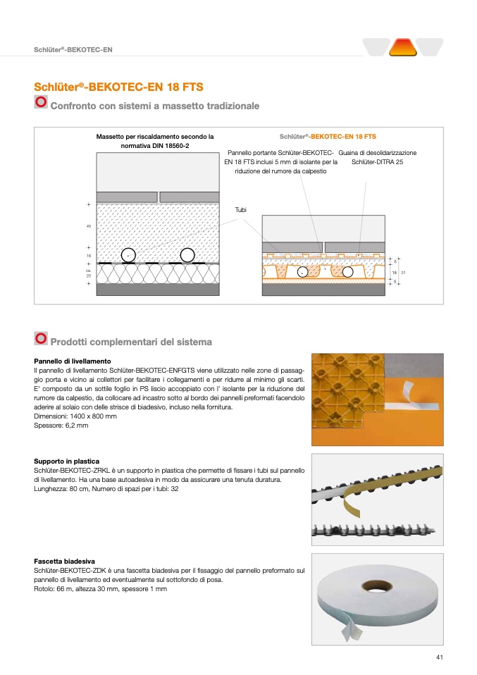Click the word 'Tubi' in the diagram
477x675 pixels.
(x=240, y=209)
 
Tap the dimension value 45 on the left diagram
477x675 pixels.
(x=89, y=225)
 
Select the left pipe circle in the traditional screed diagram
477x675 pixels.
(x=128, y=255)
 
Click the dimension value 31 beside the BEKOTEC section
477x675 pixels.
(x=403, y=271)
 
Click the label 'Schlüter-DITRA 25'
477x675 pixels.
(x=378, y=162)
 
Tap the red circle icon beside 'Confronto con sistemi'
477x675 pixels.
(x=41, y=104)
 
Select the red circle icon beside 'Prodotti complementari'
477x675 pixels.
(x=41, y=339)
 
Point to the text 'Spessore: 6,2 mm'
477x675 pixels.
(x=61, y=426)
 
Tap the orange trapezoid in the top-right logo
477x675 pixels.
(x=403, y=47)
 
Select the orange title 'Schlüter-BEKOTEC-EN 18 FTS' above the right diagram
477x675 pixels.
(x=328, y=136)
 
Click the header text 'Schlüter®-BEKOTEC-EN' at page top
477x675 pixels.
(x=73, y=49)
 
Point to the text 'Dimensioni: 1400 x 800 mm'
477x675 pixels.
(x=75, y=416)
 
